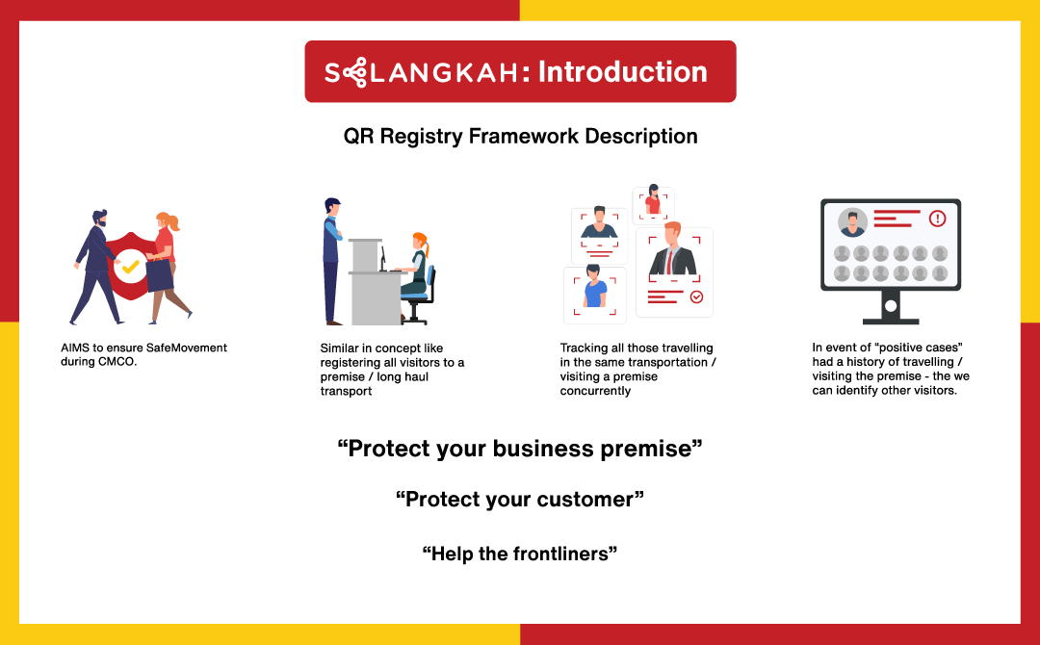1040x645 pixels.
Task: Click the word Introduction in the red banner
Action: tap(622, 71)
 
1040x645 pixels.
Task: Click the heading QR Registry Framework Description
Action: tap(520, 136)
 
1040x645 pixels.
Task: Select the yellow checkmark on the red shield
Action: tap(131, 267)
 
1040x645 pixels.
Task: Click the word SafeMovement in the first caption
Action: tap(187, 348)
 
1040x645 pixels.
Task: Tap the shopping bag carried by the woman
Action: tap(159, 273)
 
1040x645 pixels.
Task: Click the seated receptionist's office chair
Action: tap(419, 295)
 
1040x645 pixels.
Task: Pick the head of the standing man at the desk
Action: tap(332, 207)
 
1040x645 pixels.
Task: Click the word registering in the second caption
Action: tap(351, 363)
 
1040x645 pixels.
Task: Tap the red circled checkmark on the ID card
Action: tap(696, 297)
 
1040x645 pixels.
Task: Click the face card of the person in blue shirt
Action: tap(594, 295)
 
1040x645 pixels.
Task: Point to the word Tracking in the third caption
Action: tap(582, 348)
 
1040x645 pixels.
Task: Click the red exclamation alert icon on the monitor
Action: tap(937, 219)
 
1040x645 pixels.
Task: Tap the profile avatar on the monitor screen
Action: tap(852, 222)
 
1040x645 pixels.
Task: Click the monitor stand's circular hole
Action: tap(891, 305)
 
